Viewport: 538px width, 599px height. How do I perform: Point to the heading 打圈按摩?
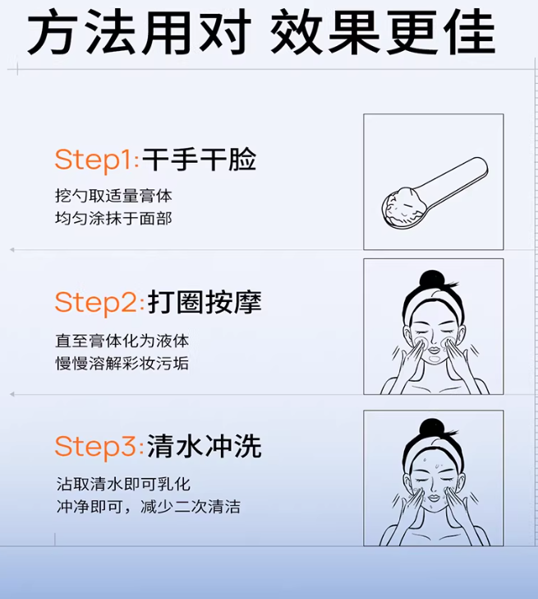pyautogui.click(x=205, y=302)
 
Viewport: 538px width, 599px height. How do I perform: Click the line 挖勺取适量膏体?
pyautogui.click(x=113, y=197)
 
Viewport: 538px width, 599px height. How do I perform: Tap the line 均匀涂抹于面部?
pyautogui.click(x=113, y=218)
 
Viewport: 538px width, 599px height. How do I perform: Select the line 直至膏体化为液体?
pyautogui.click(x=122, y=341)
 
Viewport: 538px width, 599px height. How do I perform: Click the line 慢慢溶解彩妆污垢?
pyautogui.click(x=122, y=362)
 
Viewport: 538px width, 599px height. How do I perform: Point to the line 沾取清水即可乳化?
pyautogui.click(x=122, y=485)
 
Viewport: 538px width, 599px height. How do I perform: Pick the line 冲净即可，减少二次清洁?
pyautogui.click(x=148, y=507)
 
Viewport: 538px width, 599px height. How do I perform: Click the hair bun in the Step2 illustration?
pyautogui.click(x=432, y=279)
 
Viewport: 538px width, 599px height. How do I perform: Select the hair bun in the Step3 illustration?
pyautogui.click(x=432, y=428)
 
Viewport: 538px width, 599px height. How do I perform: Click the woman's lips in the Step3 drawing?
pyautogui.click(x=433, y=496)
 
